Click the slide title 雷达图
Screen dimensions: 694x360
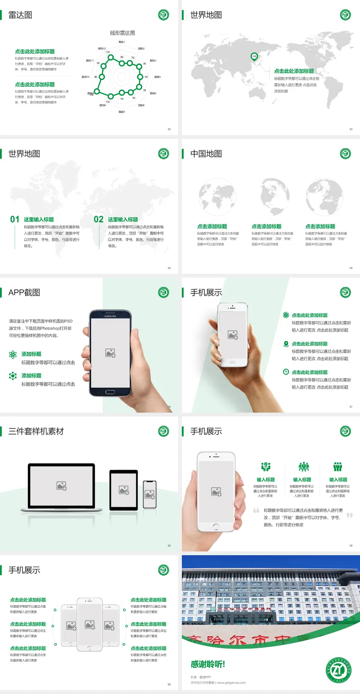[x=20, y=15]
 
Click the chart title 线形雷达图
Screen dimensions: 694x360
[x=122, y=33]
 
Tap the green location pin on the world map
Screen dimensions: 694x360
[x=254, y=57]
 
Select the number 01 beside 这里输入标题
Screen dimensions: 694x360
[x=15, y=219]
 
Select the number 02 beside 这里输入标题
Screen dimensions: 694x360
[x=99, y=219]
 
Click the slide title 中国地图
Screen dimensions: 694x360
[x=206, y=154]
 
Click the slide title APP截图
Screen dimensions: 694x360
[x=24, y=293]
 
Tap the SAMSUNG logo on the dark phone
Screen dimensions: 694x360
[x=110, y=316]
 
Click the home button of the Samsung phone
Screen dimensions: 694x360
[x=110, y=392]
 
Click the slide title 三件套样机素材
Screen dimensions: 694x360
[x=36, y=431]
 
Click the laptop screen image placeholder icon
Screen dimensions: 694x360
[x=61, y=486]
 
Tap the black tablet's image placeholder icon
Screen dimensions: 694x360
[x=124, y=490]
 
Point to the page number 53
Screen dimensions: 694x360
[x=351, y=129]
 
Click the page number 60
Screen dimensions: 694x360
[x=169, y=685]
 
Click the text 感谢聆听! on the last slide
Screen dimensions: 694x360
[x=208, y=664]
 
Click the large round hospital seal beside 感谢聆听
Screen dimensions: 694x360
[x=339, y=670]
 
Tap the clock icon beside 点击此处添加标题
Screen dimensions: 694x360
[x=286, y=372]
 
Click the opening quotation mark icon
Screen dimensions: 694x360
[x=256, y=511]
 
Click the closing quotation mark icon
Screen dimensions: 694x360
[x=349, y=515]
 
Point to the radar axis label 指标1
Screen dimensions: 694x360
[x=122, y=42]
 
